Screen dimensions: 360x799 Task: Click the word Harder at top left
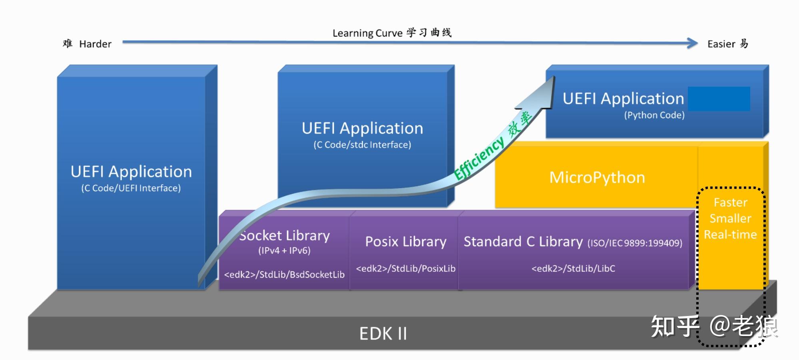95,44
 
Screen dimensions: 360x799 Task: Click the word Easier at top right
721,44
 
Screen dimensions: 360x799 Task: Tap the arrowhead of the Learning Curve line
692,43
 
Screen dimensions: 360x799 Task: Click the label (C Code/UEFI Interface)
131,188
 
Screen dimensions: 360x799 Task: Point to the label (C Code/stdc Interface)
362,145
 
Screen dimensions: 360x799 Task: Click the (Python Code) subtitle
654,115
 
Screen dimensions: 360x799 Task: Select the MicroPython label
597,177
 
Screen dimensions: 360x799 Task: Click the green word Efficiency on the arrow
479,159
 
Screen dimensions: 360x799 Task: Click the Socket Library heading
285,236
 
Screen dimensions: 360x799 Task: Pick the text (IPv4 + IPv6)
284,251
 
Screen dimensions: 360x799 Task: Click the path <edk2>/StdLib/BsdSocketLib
284,274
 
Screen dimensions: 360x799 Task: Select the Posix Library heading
406,242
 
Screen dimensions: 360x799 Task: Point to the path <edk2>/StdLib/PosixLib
406,269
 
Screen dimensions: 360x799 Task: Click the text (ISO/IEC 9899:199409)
635,243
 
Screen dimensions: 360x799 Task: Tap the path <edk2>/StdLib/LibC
573,269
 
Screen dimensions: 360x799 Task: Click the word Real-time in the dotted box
730,235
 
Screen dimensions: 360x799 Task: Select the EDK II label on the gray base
383,334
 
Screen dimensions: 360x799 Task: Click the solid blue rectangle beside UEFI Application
719,99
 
